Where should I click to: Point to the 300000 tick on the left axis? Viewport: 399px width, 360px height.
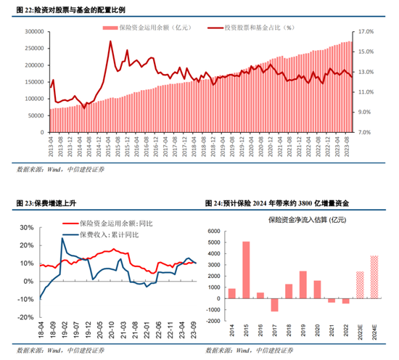tap(34, 32)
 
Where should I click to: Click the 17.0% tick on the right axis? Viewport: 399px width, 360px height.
tap(364, 32)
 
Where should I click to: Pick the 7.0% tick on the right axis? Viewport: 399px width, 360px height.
tap(366, 133)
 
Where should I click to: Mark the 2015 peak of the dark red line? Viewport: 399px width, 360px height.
tap(110, 41)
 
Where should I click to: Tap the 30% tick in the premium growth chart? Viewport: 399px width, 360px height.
tap(25, 227)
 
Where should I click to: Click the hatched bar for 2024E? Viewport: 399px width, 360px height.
tap(374, 277)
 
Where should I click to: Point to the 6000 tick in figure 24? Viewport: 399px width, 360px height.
tap(215, 232)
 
